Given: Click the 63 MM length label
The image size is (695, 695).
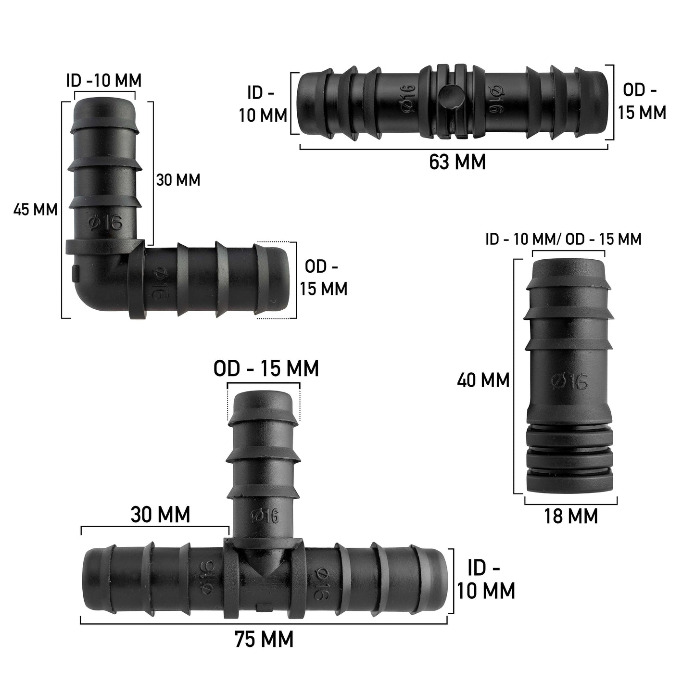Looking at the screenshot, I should pos(457,163).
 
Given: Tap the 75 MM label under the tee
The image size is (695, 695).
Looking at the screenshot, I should pos(264,640).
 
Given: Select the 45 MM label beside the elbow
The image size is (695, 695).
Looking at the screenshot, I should pos(36,210).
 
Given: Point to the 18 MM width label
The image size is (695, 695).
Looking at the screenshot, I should pos(571,516).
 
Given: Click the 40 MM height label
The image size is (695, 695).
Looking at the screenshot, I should pos(483,380).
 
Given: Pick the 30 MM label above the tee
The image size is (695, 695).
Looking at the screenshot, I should pos(160,515).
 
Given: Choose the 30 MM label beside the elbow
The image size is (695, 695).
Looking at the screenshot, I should pos(178,180).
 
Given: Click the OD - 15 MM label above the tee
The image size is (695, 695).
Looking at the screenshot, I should pos(266,369).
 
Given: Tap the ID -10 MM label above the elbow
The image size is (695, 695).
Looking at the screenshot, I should pos(104,81).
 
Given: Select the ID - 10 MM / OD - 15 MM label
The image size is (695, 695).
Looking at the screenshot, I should pos(563,239).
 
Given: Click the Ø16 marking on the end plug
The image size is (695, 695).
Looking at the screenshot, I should pos(569,381).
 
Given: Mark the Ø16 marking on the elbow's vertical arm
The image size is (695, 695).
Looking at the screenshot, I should pos(105,223).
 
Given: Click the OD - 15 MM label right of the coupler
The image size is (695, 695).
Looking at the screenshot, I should pos(642,101).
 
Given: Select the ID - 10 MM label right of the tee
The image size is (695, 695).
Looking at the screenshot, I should pos(486,580).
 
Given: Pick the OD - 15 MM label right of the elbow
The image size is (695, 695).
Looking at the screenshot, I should pos(323,278).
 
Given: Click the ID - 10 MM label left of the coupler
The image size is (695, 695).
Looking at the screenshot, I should pos(263,104).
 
